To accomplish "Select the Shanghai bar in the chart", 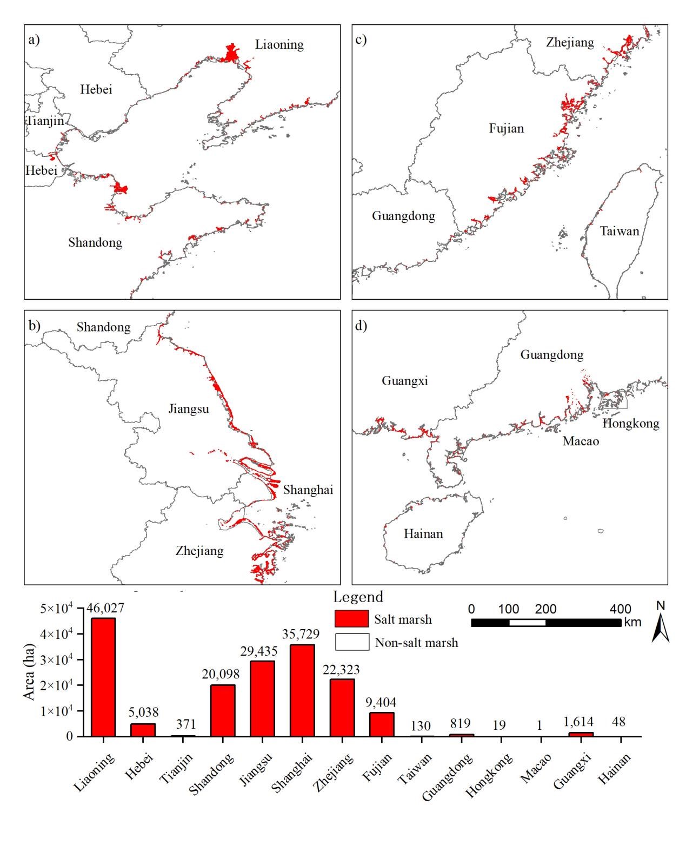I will pyautogui.click(x=302, y=690).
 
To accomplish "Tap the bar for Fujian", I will pyautogui.click(x=382, y=724).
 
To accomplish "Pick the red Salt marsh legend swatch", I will pyautogui.click(x=351, y=618).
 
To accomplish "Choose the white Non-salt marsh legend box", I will pyautogui.click(x=351, y=642).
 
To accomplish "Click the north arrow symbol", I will pyautogui.click(x=660, y=628).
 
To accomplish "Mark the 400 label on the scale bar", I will pyautogui.click(x=620, y=609).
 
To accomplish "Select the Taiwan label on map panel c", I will pyautogui.click(x=620, y=231).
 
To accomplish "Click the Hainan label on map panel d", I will pyautogui.click(x=423, y=534).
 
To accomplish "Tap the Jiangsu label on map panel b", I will pyautogui.click(x=188, y=408).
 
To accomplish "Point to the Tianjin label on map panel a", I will pyautogui.click(x=45, y=121).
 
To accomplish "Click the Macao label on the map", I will pyautogui.click(x=581, y=441).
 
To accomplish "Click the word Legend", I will pyautogui.click(x=358, y=597).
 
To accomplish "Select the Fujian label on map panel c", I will pyautogui.click(x=506, y=129).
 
